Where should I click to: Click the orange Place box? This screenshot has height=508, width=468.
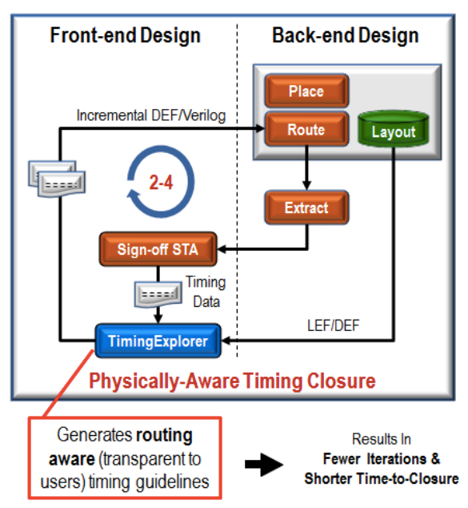tap(306, 91)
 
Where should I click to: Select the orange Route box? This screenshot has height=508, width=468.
tap(306, 129)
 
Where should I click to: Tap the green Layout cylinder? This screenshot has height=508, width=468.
tap(394, 129)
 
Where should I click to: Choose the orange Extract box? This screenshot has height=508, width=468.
tap(306, 208)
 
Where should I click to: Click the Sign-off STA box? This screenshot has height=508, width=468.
tap(158, 249)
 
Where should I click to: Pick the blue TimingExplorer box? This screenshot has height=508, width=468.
tap(158, 341)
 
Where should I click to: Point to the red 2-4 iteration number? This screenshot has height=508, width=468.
tap(161, 183)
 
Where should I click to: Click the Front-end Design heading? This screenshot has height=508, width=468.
tap(125, 35)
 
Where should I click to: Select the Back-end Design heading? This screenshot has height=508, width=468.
tap(346, 35)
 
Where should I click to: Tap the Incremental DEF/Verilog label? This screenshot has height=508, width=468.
tap(151, 115)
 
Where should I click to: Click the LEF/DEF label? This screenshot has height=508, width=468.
tap(333, 325)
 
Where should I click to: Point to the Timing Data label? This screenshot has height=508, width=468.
tap(206, 292)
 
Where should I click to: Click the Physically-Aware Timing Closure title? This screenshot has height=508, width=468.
tap(232, 381)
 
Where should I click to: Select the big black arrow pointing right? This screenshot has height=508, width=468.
tap(264, 465)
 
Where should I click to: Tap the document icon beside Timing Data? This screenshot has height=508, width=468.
tap(158, 294)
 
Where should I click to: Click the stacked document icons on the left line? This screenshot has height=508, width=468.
tap(57, 179)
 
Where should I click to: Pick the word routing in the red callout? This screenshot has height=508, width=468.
tap(164, 435)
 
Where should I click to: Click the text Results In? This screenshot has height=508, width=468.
tap(382, 439)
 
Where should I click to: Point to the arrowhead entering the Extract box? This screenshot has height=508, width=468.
tap(306, 186)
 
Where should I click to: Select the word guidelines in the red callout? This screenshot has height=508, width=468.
tap(172, 482)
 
